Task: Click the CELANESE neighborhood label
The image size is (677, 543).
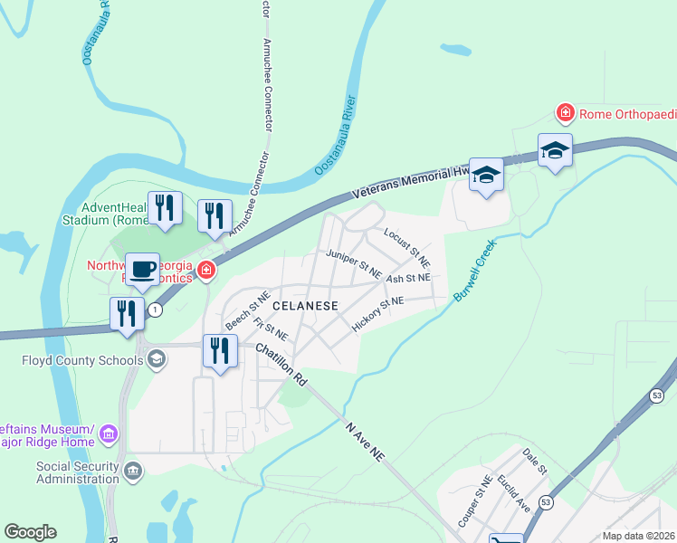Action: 305,306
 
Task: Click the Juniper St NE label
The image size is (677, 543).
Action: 354,263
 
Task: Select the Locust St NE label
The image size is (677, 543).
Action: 406,245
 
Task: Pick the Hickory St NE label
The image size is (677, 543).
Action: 377,313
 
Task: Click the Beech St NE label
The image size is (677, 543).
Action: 247,310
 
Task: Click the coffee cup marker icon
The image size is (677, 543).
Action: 142,269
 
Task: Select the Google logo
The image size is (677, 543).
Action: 30,532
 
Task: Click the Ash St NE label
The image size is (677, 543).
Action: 407,278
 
